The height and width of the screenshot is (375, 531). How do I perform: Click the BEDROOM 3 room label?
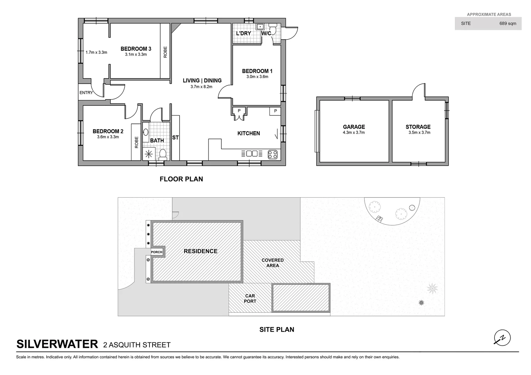tap(136, 49)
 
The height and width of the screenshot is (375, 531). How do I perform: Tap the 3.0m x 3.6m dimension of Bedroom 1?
tap(257, 77)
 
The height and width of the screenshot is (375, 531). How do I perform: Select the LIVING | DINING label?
tap(202, 81)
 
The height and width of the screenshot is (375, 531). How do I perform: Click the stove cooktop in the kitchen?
tap(273, 154)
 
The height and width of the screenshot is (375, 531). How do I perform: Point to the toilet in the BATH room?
tap(162, 153)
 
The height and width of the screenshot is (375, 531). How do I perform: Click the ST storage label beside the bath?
tap(175, 138)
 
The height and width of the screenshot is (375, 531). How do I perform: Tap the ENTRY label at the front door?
tap(86, 93)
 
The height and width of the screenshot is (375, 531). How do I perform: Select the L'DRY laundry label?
tap(243, 34)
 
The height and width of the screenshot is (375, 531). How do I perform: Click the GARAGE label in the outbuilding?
tap(354, 127)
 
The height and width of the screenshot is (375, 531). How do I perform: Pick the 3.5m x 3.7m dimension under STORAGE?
tap(419, 133)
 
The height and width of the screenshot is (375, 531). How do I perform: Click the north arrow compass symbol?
tap(502, 337)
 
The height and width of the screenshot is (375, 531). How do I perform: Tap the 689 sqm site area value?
tap(508, 24)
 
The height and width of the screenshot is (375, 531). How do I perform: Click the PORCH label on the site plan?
tap(157, 252)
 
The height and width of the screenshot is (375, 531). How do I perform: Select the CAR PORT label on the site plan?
tap(250, 299)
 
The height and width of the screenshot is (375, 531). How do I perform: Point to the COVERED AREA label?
tap(272, 262)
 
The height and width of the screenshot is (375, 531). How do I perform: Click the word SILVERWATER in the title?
tap(57, 344)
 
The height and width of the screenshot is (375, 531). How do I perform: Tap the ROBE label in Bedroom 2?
tap(136, 142)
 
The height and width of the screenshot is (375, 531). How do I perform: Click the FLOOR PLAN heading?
tap(181, 179)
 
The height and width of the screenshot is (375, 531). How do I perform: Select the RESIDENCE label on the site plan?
tap(201, 251)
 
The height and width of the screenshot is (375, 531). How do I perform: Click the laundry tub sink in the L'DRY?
tap(260, 26)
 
